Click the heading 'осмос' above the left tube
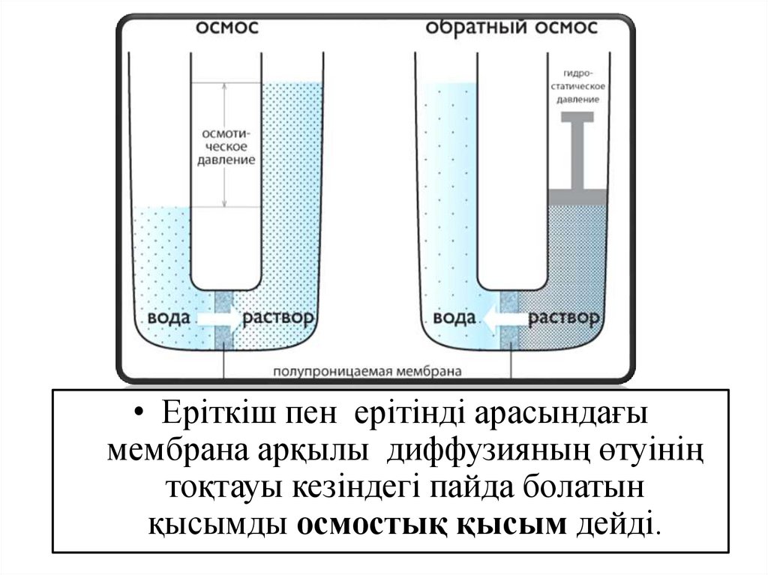[228, 28]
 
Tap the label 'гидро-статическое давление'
[577, 86]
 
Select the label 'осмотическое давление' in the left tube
[226, 145]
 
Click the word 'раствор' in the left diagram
[278, 318]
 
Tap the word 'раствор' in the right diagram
[565, 318]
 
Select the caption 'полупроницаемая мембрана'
[367, 371]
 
